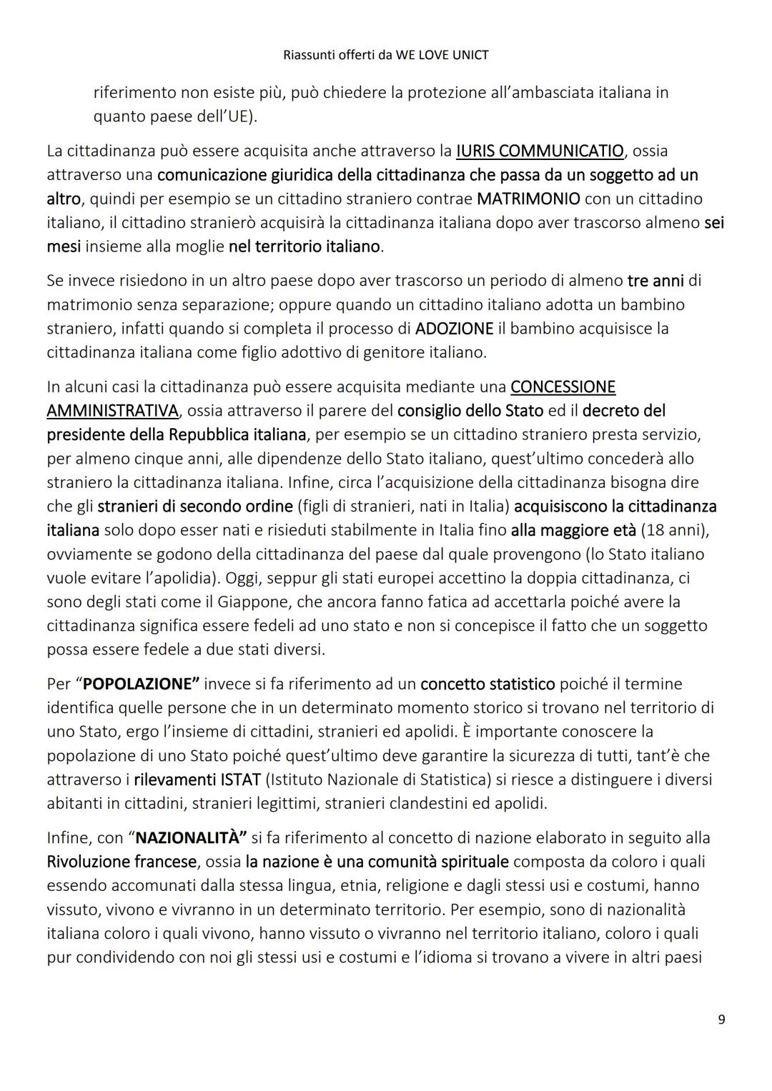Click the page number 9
coord(721,1019)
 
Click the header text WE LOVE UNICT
coord(442,55)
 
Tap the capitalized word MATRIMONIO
coord(528,199)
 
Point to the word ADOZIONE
coord(454,329)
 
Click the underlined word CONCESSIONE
coord(563,387)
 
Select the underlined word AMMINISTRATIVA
coord(112,411)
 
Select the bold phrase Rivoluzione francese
coord(121,862)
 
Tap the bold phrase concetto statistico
coord(488,684)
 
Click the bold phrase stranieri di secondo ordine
coord(195,507)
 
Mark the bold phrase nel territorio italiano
coord(305,246)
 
